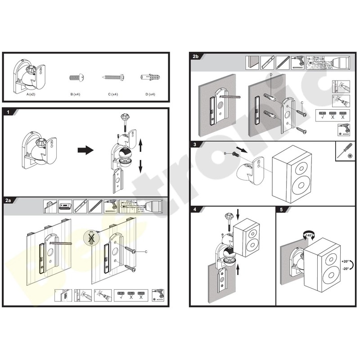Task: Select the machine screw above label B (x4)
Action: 75,77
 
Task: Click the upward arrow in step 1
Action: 140,145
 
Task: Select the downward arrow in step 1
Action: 140,166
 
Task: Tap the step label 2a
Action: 9,201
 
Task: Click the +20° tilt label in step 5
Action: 346,261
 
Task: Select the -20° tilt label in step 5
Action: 346,269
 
